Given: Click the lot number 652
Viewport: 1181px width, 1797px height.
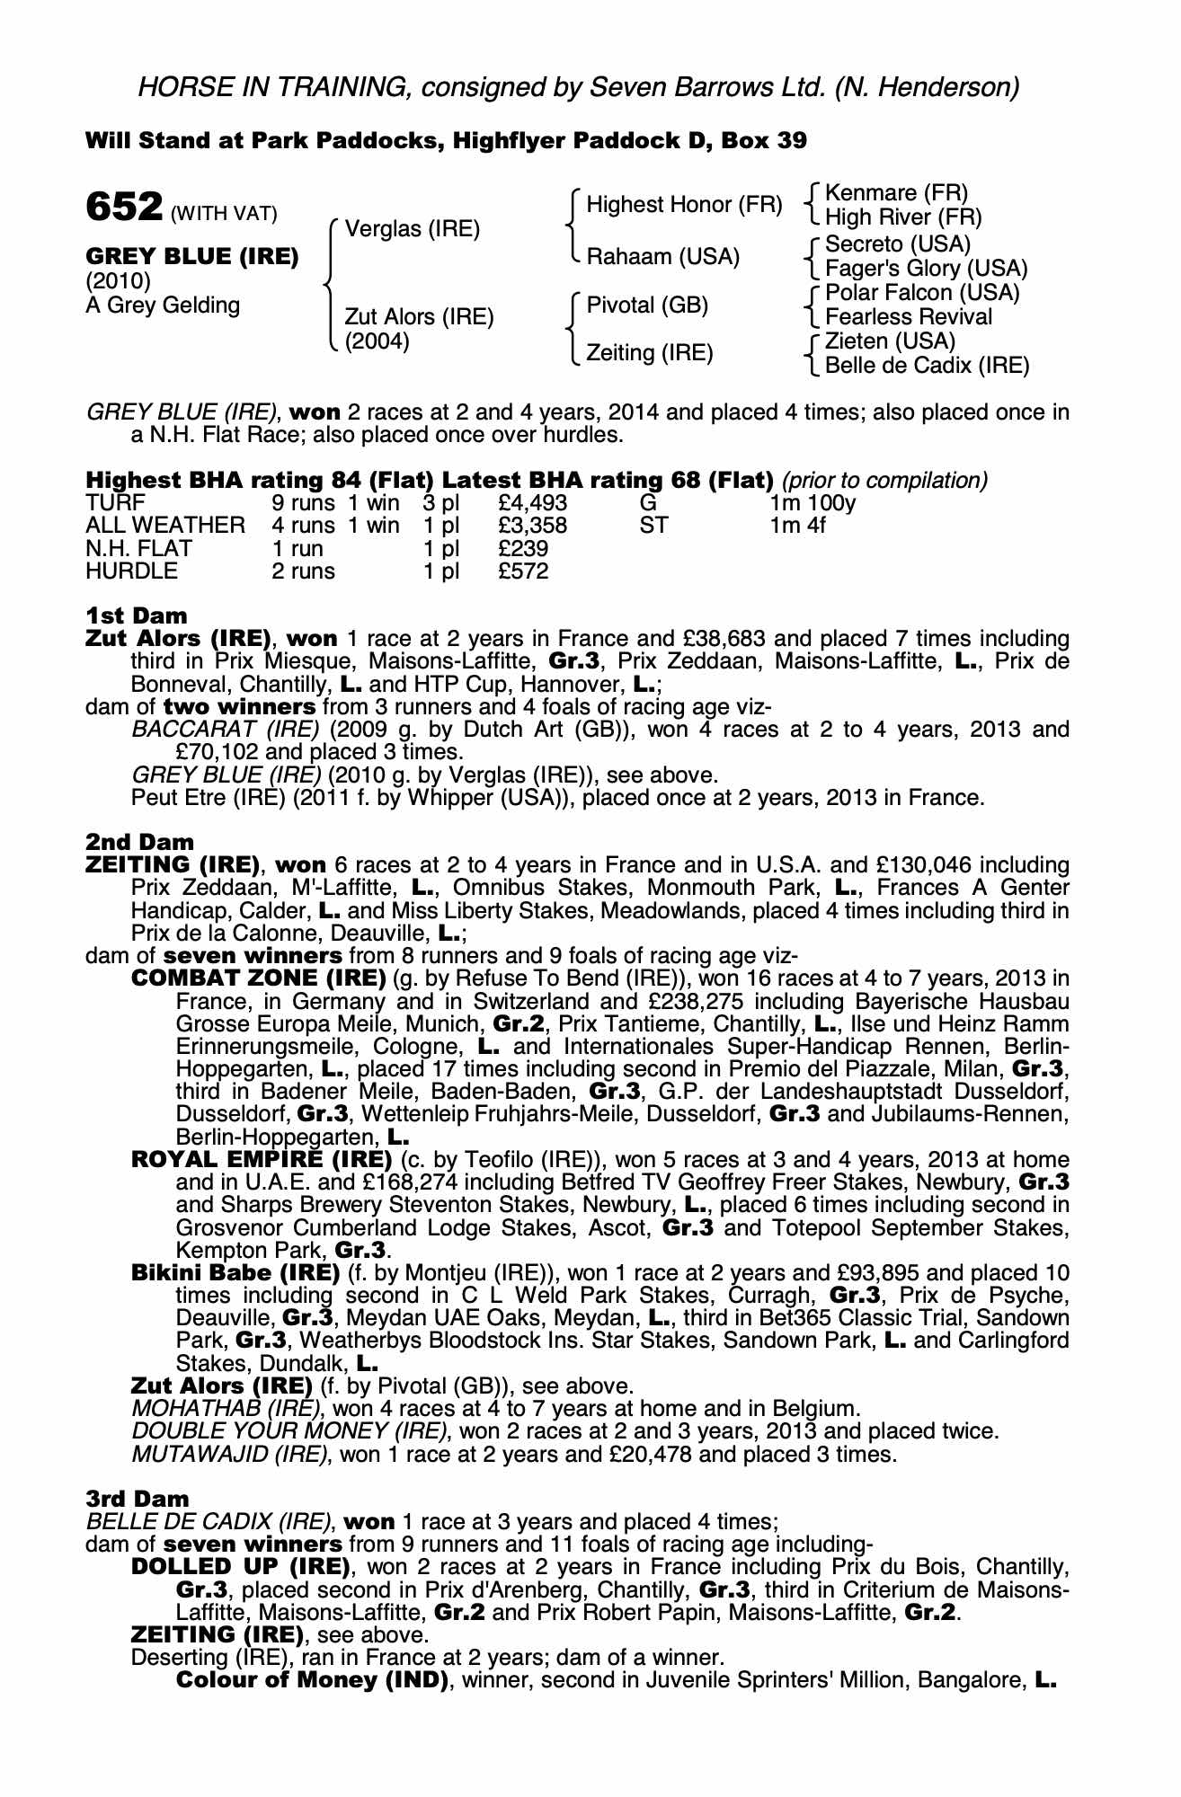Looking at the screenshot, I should [x=123, y=208].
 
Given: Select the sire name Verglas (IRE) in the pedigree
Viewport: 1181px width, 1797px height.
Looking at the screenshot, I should [x=413, y=229].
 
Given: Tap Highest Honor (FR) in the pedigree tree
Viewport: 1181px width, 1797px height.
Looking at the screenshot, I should [x=684, y=205].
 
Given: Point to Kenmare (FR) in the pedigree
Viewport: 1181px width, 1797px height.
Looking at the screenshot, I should [x=896, y=193].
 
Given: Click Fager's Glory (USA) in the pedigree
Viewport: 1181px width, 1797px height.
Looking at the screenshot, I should [x=926, y=269].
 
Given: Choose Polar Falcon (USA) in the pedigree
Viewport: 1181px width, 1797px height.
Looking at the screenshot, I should [x=922, y=293].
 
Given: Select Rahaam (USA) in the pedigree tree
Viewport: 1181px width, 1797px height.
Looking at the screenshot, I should [x=663, y=257].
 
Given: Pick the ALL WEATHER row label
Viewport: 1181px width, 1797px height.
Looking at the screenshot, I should [x=164, y=526].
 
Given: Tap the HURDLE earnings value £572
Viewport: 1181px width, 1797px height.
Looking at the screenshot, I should [x=523, y=571].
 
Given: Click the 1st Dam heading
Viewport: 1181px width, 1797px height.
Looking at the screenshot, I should [x=137, y=615].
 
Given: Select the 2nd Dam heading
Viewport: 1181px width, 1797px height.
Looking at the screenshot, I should [x=139, y=842].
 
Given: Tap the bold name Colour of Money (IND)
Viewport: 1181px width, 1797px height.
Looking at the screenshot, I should [x=313, y=1680].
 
